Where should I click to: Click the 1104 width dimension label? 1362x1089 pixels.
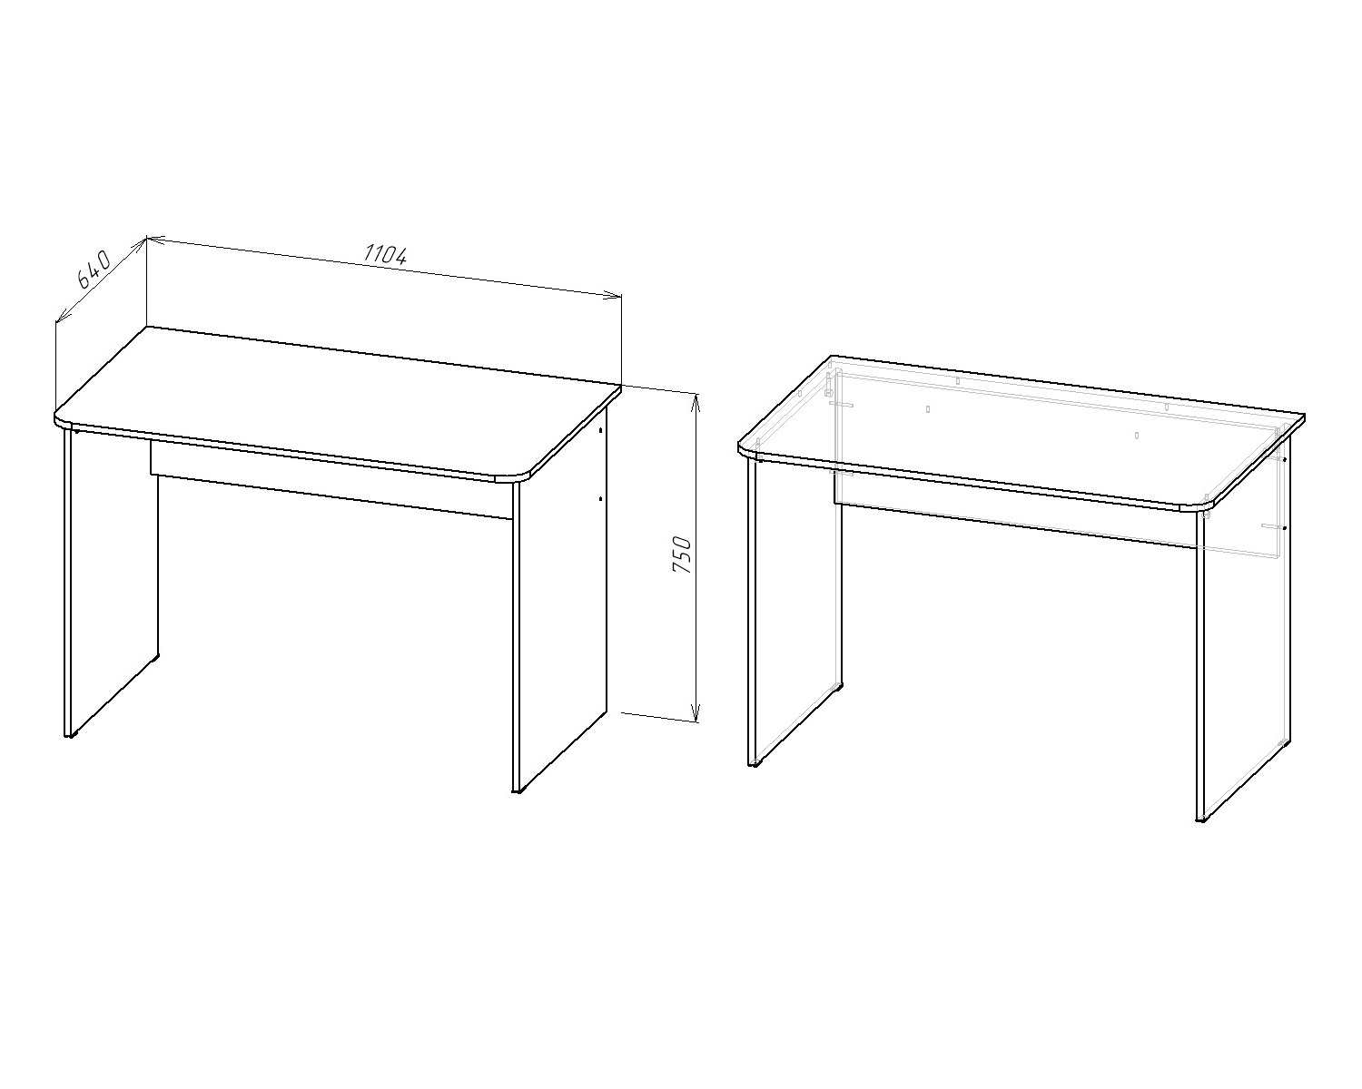click(385, 254)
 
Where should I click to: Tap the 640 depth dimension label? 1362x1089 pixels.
click(94, 270)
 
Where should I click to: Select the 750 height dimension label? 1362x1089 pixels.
click(682, 555)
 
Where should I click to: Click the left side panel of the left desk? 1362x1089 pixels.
click(112, 582)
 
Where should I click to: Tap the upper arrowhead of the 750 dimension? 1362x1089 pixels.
click(696, 400)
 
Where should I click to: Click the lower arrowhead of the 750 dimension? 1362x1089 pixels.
click(696, 714)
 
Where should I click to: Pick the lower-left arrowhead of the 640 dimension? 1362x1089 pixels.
click(62, 316)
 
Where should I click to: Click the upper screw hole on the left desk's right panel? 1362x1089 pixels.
click(600, 430)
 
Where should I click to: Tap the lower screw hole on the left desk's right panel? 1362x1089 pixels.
click(600, 499)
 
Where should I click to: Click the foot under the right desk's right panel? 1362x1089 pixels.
click(1201, 821)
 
